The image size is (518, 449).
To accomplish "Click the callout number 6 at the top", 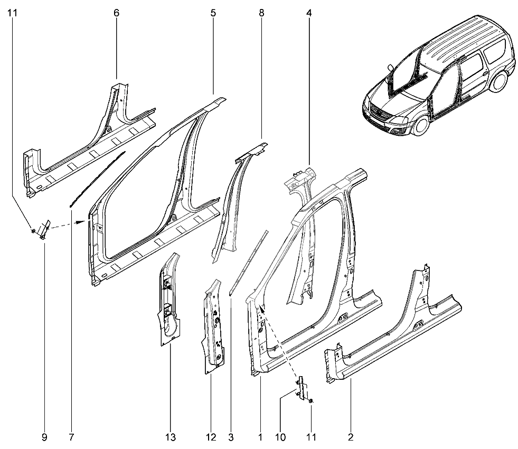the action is (x=116, y=13).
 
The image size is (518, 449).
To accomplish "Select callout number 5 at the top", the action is (x=213, y=13).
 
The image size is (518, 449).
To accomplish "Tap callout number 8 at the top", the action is (x=262, y=13).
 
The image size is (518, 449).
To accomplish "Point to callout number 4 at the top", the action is (x=309, y=13).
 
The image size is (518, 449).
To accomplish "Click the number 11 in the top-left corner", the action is (x=13, y=13).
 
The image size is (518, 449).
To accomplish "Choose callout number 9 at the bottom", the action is (x=44, y=437).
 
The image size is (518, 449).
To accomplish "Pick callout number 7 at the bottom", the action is (x=71, y=437).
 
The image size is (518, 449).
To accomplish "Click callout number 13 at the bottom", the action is (x=171, y=437).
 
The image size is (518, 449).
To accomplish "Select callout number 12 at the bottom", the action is (x=211, y=437).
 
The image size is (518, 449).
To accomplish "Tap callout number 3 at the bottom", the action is (x=231, y=437).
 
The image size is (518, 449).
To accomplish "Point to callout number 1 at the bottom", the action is (x=260, y=437).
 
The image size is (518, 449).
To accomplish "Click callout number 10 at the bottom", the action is (x=280, y=437).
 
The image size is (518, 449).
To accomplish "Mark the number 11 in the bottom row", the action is (x=311, y=437).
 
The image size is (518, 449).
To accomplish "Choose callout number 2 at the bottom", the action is (x=351, y=437).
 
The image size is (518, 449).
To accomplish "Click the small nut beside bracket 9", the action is (x=33, y=231).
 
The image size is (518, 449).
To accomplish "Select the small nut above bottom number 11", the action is (x=311, y=401).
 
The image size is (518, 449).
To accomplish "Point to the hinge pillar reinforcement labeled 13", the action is (x=169, y=300).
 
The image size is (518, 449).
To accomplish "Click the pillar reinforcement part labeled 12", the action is (x=213, y=327).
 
